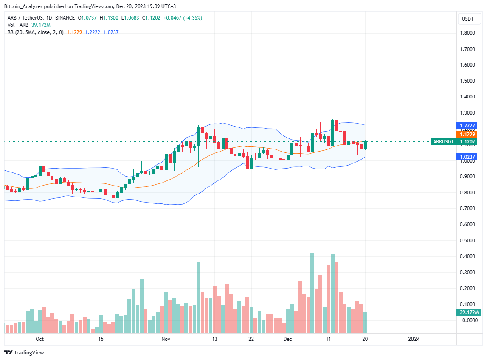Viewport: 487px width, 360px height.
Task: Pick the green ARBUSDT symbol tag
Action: pos(444,142)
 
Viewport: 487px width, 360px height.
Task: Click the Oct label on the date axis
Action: pos(40,339)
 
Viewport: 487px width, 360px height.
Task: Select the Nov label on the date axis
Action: pos(166,339)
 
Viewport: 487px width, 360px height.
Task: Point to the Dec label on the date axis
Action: pos(288,339)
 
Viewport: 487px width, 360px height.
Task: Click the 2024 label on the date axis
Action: pos(414,339)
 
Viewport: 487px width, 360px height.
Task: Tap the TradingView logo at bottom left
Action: pos(24,352)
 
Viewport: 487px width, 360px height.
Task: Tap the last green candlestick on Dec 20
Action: pos(365,145)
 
